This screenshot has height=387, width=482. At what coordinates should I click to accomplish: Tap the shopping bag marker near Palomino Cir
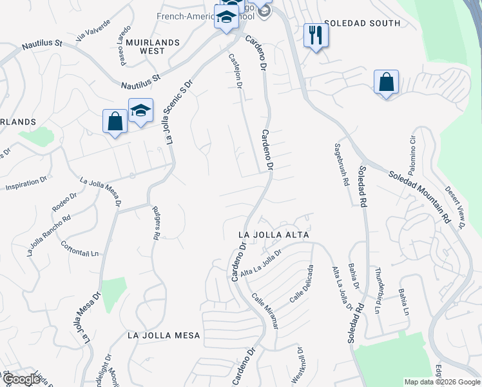click(386, 83)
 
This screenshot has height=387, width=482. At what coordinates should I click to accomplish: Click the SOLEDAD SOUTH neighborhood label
click(362, 23)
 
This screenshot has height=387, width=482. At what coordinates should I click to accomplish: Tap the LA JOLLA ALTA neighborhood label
click(274, 235)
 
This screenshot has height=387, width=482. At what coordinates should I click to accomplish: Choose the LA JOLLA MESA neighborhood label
click(164, 335)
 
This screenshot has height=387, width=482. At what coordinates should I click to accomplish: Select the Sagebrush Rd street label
click(340, 164)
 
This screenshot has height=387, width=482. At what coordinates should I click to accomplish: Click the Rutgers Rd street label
click(155, 223)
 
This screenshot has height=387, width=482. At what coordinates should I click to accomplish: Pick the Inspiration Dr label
click(26, 185)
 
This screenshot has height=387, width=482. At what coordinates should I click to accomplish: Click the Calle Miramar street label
click(265, 311)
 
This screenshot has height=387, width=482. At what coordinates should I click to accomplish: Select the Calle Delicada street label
click(301, 284)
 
